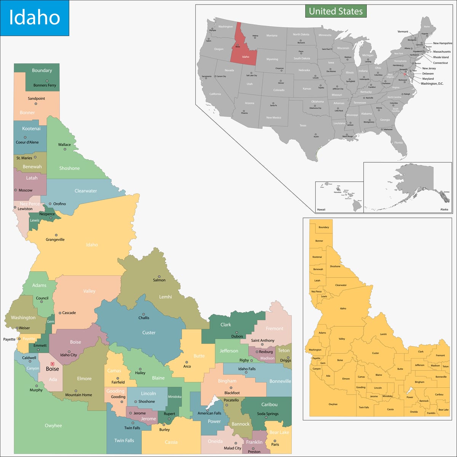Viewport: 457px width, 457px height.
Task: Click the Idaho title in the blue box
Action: pos(34,18)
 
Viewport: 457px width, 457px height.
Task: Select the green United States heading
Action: pos(336,11)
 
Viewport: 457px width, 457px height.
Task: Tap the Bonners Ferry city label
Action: pos(45,85)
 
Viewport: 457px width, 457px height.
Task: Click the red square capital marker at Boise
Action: pos(53,364)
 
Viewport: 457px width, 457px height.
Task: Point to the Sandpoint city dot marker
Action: pos(36,104)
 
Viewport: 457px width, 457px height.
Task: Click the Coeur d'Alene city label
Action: pos(27,142)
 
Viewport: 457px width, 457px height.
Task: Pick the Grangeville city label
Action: pos(55,240)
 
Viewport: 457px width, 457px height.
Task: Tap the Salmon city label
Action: pos(159,280)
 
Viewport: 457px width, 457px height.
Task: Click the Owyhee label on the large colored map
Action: pos(53,425)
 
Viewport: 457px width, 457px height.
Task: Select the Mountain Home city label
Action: pos(78,395)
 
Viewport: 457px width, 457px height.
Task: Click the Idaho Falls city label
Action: pos(247,369)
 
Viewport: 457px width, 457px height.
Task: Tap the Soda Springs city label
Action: pos(268,414)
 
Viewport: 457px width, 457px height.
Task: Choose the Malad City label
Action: pos(232,448)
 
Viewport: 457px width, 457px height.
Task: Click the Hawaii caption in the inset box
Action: pos(321,209)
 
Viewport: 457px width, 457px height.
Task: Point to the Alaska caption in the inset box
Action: pos(444,209)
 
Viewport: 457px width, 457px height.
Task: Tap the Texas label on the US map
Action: pos(303,125)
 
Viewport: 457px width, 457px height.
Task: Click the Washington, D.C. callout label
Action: pos(432,84)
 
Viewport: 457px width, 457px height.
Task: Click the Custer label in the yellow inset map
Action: pos(376,353)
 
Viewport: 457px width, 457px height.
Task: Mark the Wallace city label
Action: pos(64,144)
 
